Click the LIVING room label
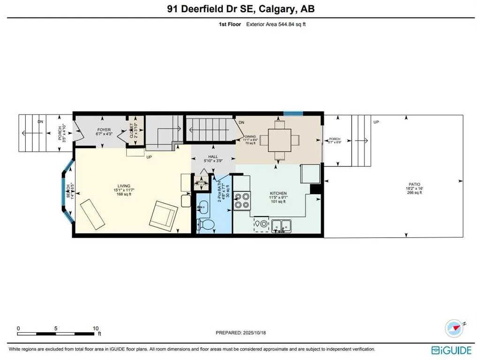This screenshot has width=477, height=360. (124, 186)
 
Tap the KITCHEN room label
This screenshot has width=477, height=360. (278, 193)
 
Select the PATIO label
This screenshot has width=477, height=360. (414, 184)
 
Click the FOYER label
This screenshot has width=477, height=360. (104, 129)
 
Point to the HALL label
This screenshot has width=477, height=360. (213, 158)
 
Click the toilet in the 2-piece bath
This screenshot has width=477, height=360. (205, 224)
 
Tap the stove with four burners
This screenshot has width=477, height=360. (242, 200)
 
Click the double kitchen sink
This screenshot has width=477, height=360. (281, 226)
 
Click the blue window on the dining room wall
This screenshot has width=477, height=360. (293, 113)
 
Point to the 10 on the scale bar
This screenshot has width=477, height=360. (95, 328)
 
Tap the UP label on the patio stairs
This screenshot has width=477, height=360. (376, 122)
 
